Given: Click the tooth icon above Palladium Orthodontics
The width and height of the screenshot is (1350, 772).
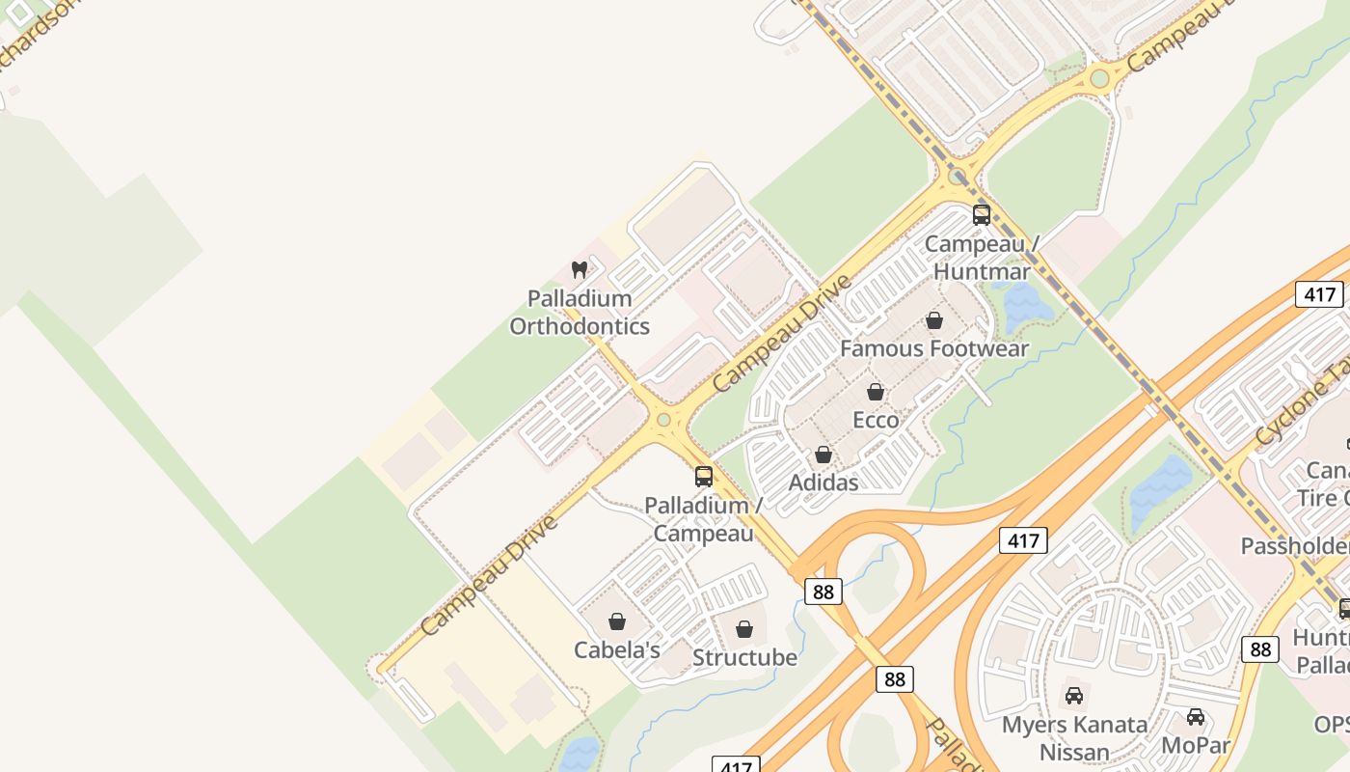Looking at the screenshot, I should click(x=580, y=269).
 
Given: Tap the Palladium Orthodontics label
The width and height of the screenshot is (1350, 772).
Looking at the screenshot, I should click(x=580, y=313).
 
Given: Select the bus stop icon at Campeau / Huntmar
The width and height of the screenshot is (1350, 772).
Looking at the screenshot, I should click(x=982, y=215).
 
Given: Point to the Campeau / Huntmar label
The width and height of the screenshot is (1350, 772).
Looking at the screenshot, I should click(x=982, y=258).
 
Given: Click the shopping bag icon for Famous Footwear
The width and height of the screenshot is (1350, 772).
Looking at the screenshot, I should click(x=933, y=320).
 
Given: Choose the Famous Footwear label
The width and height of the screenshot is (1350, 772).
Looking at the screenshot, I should click(x=934, y=348).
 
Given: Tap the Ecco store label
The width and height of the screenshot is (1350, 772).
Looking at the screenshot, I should click(x=876, y=420).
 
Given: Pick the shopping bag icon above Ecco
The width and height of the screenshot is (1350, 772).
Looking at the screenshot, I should click(x=876, y=392).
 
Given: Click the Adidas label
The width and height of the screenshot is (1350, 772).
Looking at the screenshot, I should click(x=823, y=482).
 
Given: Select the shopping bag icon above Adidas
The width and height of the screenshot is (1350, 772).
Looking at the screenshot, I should click(x=823, y=455).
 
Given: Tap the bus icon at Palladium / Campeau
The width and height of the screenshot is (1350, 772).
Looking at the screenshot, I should click(x=704, y=476).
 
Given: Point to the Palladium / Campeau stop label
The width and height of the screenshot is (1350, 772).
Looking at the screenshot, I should click(x=704, y=519).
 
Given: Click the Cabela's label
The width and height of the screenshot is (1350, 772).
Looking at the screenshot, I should click(x=617, y=649).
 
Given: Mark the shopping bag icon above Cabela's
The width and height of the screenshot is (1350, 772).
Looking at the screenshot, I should click(x=617, y=621).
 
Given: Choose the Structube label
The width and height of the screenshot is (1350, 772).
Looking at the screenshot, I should click(x=744, y=657).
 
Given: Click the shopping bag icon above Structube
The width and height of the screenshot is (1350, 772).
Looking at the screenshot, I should click(x=744, y=630).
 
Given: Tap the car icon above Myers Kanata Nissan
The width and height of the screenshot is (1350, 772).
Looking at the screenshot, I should click(x=1074, y=695).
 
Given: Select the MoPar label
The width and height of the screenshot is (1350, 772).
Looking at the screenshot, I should click(x=1196, y=745).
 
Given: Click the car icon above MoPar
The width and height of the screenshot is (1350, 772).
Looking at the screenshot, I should click(x=1196, y=717).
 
